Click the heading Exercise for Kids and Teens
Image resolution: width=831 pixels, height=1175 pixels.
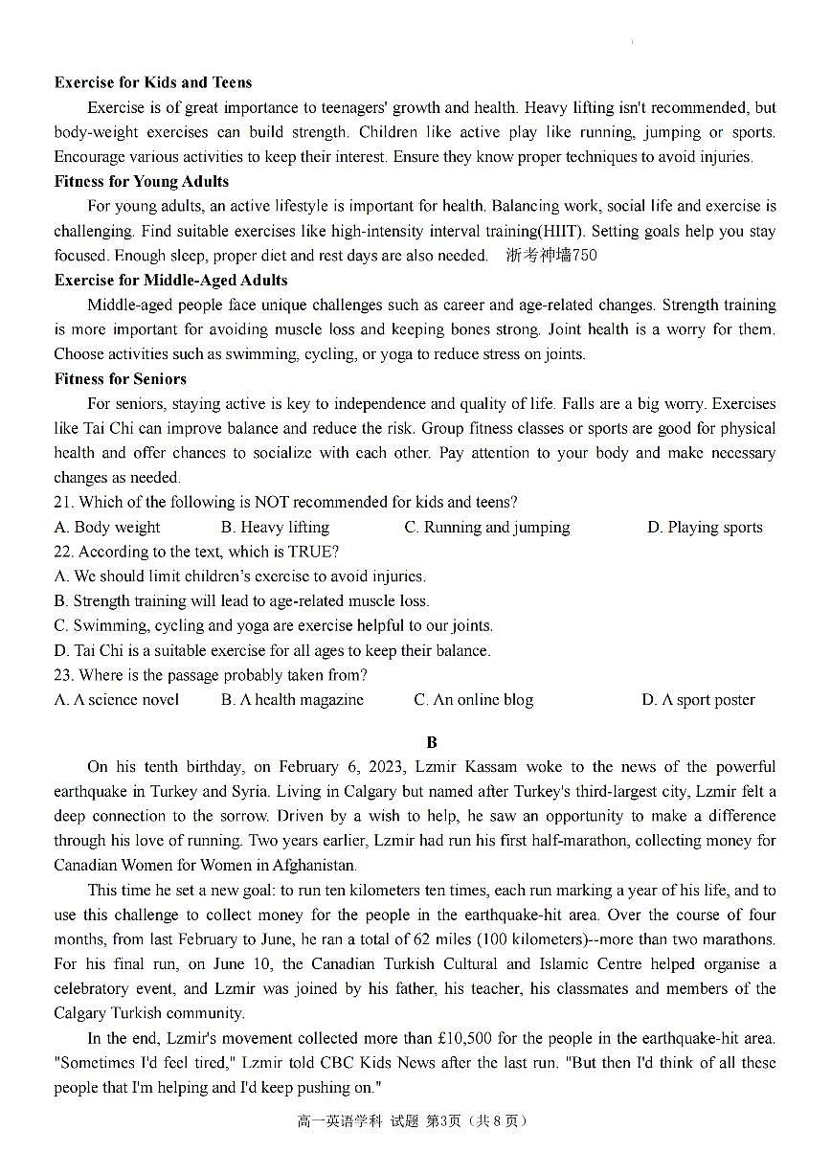pos(153,82)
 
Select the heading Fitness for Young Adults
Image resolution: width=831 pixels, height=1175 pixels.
pos(142,181)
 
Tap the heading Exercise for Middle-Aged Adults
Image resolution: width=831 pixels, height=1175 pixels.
pos(170,280)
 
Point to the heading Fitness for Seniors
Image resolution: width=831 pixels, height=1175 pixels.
pos(120,378)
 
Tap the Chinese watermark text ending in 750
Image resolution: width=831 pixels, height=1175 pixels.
pos(551,255)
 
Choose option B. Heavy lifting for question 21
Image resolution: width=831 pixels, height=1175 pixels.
pos(275,527)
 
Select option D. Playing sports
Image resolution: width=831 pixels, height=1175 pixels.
pos(705,527)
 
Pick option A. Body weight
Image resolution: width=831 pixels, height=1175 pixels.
pos(107,527)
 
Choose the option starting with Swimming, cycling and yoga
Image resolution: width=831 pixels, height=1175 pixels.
pos(274,625)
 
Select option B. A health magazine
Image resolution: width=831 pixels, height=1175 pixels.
pos(292,700)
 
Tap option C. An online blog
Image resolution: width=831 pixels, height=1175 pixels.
pos(474,700)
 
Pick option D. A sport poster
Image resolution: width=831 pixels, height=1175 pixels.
pos(698,700)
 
